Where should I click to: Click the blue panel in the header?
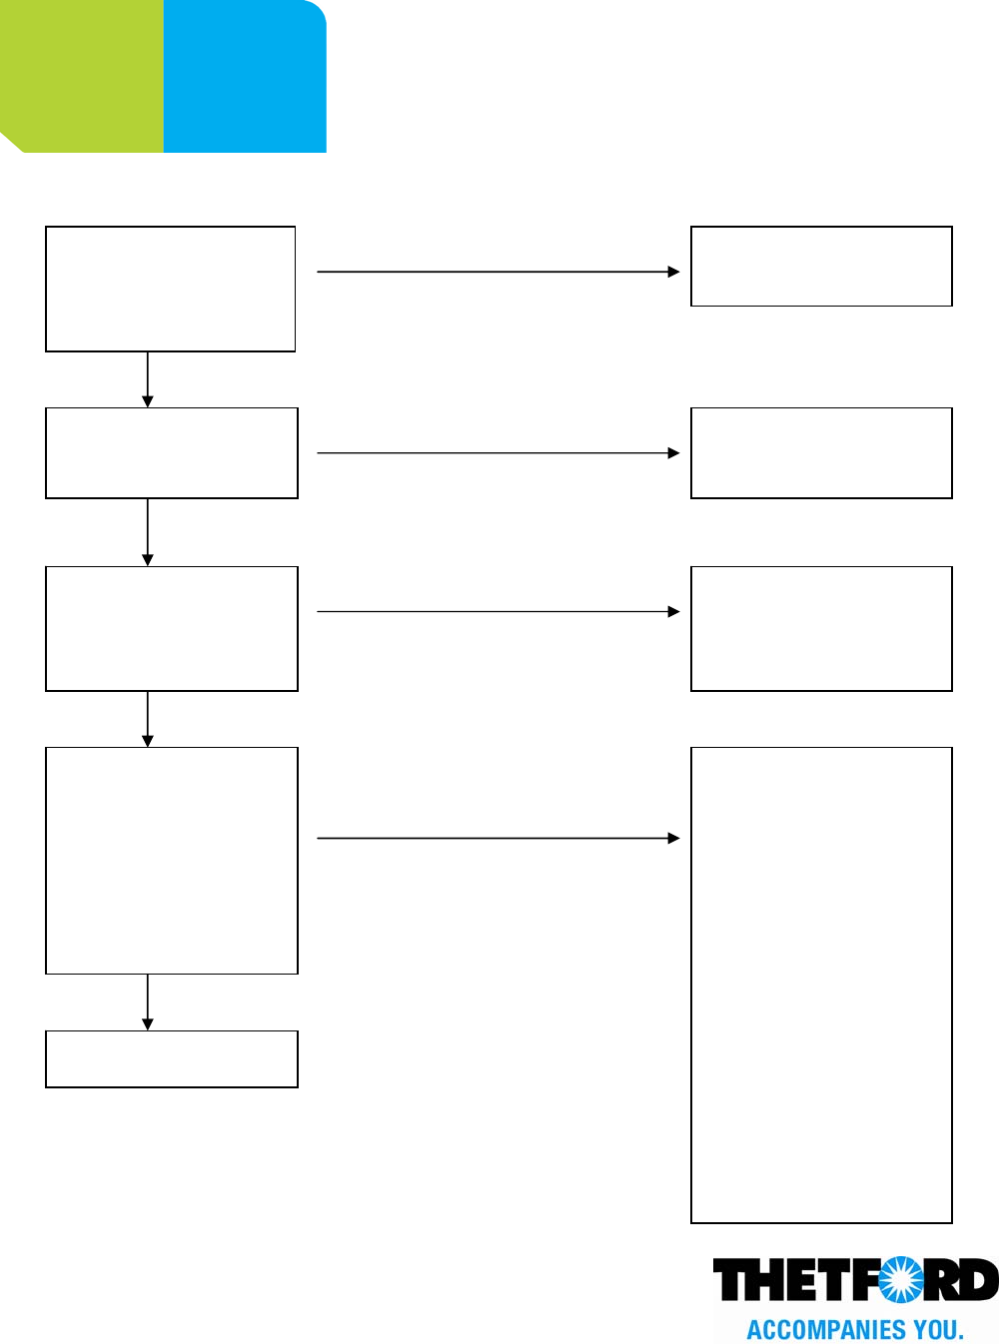point(245,76)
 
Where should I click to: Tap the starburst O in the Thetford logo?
point(901,1280)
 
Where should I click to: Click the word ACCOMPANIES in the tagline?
point(824,1330)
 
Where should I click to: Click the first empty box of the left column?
point(171,289)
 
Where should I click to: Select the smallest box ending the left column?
point(172,1058)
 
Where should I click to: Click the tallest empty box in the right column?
point(821,985)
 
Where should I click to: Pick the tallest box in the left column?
point(172,860)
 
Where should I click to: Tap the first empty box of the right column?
point(821,266)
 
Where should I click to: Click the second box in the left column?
point(172,452)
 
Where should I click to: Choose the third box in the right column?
point(821,628)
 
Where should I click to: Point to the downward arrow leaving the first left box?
point(148,379)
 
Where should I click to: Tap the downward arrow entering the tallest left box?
point(148,719)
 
